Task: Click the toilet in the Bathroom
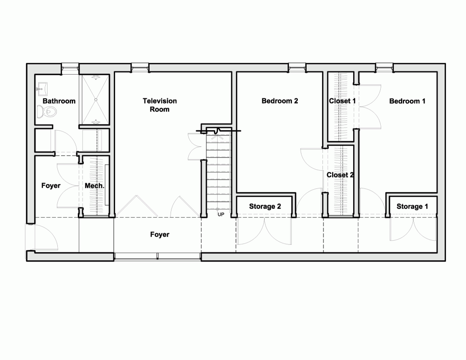point(47,112)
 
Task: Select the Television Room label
point(159,105)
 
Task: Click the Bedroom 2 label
point(280,101)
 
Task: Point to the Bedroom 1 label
point(407,101)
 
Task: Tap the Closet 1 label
point(342,101)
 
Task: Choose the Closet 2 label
point(340,175)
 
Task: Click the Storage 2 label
point(265,207)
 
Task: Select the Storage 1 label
point(412,207)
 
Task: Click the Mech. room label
point(95,186)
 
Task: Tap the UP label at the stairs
point(221,214)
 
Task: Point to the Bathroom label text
point(59,101)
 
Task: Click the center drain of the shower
point(96,100)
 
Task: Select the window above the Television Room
point(140,68)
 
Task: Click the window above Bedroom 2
point(297,68)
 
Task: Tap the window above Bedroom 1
point(384,68)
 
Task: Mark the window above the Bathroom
point(70,68)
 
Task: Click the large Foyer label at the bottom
point(159,235)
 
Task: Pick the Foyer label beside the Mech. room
point(51,186)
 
